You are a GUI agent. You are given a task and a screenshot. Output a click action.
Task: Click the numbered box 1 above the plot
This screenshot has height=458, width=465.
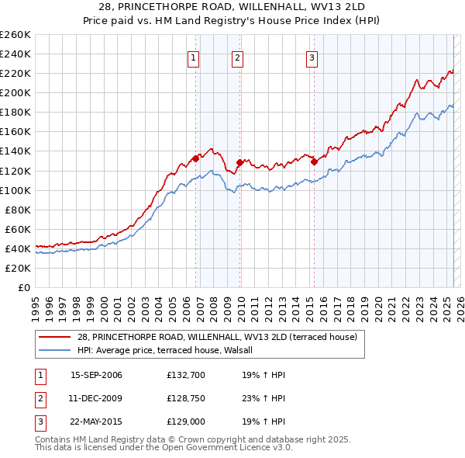tap(192, 57)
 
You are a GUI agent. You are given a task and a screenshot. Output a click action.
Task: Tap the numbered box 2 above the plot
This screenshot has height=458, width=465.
tap(237, 57)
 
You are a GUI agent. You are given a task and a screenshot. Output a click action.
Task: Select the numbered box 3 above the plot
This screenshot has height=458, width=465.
tap(312, 57)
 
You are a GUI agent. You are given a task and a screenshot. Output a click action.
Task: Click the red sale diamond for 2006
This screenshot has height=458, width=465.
tap(195, 158)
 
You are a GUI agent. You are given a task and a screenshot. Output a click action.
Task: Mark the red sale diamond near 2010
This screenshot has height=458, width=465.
tap(239, 162)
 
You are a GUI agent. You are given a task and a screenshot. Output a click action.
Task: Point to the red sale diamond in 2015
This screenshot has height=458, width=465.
tap(314, 162)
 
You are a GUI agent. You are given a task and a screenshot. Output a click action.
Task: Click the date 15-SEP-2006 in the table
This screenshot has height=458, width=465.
tap(96, 375)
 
